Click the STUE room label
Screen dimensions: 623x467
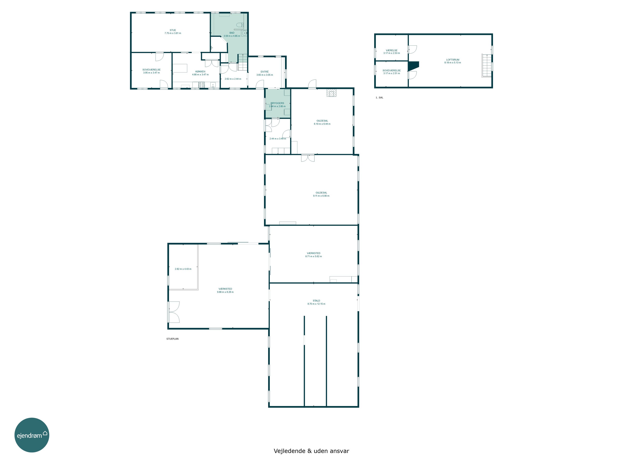(x=173, y=30)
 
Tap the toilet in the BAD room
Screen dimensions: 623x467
(x=240, y=25)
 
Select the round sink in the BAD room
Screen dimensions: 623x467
(x=244, y=33)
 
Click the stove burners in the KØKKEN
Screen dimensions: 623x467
(x=201, y=85)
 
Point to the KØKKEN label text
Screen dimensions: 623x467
(x=200, y=71)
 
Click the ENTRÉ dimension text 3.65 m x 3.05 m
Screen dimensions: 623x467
(x=265, y=75)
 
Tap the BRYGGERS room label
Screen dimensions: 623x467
(x=277, y=103)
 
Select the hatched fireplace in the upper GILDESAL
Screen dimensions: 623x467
(x=331, y=93)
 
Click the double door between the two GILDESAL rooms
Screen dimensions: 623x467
(x=308, y=158)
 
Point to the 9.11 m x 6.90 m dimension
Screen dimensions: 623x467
(x=321, y=196)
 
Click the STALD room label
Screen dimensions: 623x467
(x=316, y=301)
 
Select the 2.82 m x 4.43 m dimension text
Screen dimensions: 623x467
(x=183, y=269)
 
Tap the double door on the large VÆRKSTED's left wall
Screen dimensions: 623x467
(x=173, y=312)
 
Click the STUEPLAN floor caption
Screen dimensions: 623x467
(x=172, y=339)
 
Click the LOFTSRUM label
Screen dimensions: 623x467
(x=453, y=60)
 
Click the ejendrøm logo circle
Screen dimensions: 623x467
(x=32, y=435)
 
